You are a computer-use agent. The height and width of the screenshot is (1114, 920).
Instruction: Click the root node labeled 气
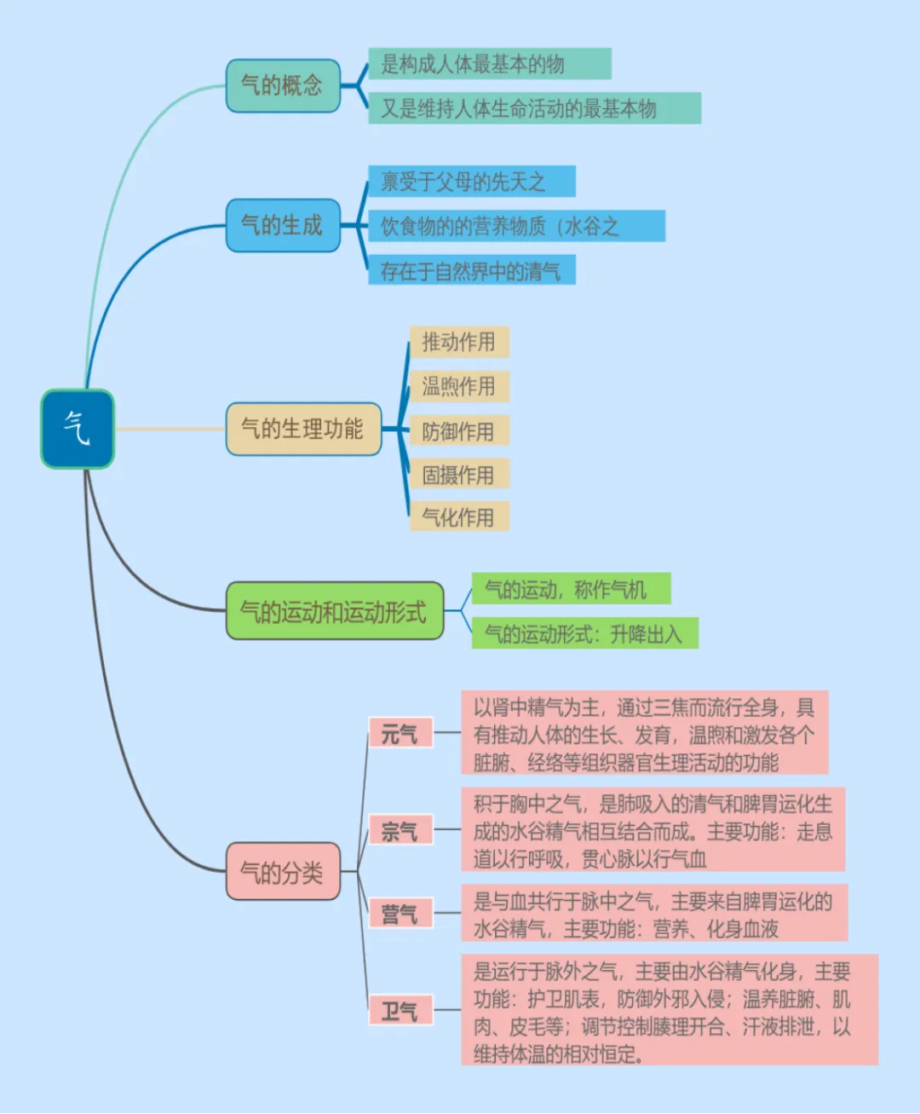point(78,429)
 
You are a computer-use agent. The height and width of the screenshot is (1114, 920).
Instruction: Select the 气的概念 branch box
point(283,85)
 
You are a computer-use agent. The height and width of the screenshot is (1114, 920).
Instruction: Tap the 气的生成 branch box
point(283,225)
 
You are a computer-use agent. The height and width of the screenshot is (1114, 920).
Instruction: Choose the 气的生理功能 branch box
point(303,429)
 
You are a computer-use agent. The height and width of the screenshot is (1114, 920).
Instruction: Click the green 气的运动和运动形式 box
point(335,611)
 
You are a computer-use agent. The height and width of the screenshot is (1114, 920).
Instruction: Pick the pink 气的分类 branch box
point(283,871)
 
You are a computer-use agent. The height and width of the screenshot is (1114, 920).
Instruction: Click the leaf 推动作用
point(459,342)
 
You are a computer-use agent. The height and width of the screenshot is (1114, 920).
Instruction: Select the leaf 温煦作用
point(459,386)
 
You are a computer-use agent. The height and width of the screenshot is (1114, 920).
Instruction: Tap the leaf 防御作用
point(459,431)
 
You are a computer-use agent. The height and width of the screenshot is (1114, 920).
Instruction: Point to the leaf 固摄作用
point(459,474)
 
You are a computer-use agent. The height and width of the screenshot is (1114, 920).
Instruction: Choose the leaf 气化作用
point(459,517)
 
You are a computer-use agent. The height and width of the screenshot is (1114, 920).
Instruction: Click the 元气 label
point(400,733)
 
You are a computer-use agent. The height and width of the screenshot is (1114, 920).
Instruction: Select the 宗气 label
point(400,830)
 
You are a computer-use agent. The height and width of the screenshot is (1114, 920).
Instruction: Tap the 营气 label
point(400,914)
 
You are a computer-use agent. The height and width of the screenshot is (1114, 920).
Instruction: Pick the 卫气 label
point(400,1011)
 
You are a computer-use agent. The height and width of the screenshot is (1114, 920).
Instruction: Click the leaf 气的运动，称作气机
point(571,589)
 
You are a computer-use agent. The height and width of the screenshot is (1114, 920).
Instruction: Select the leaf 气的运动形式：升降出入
point(584,633)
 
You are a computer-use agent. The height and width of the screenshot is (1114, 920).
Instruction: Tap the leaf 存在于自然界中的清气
point(471,271)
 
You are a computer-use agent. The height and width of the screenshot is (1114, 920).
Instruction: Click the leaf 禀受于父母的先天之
point(471,182)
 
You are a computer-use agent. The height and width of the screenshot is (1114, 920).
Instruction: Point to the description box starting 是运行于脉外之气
point(669,1011)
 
